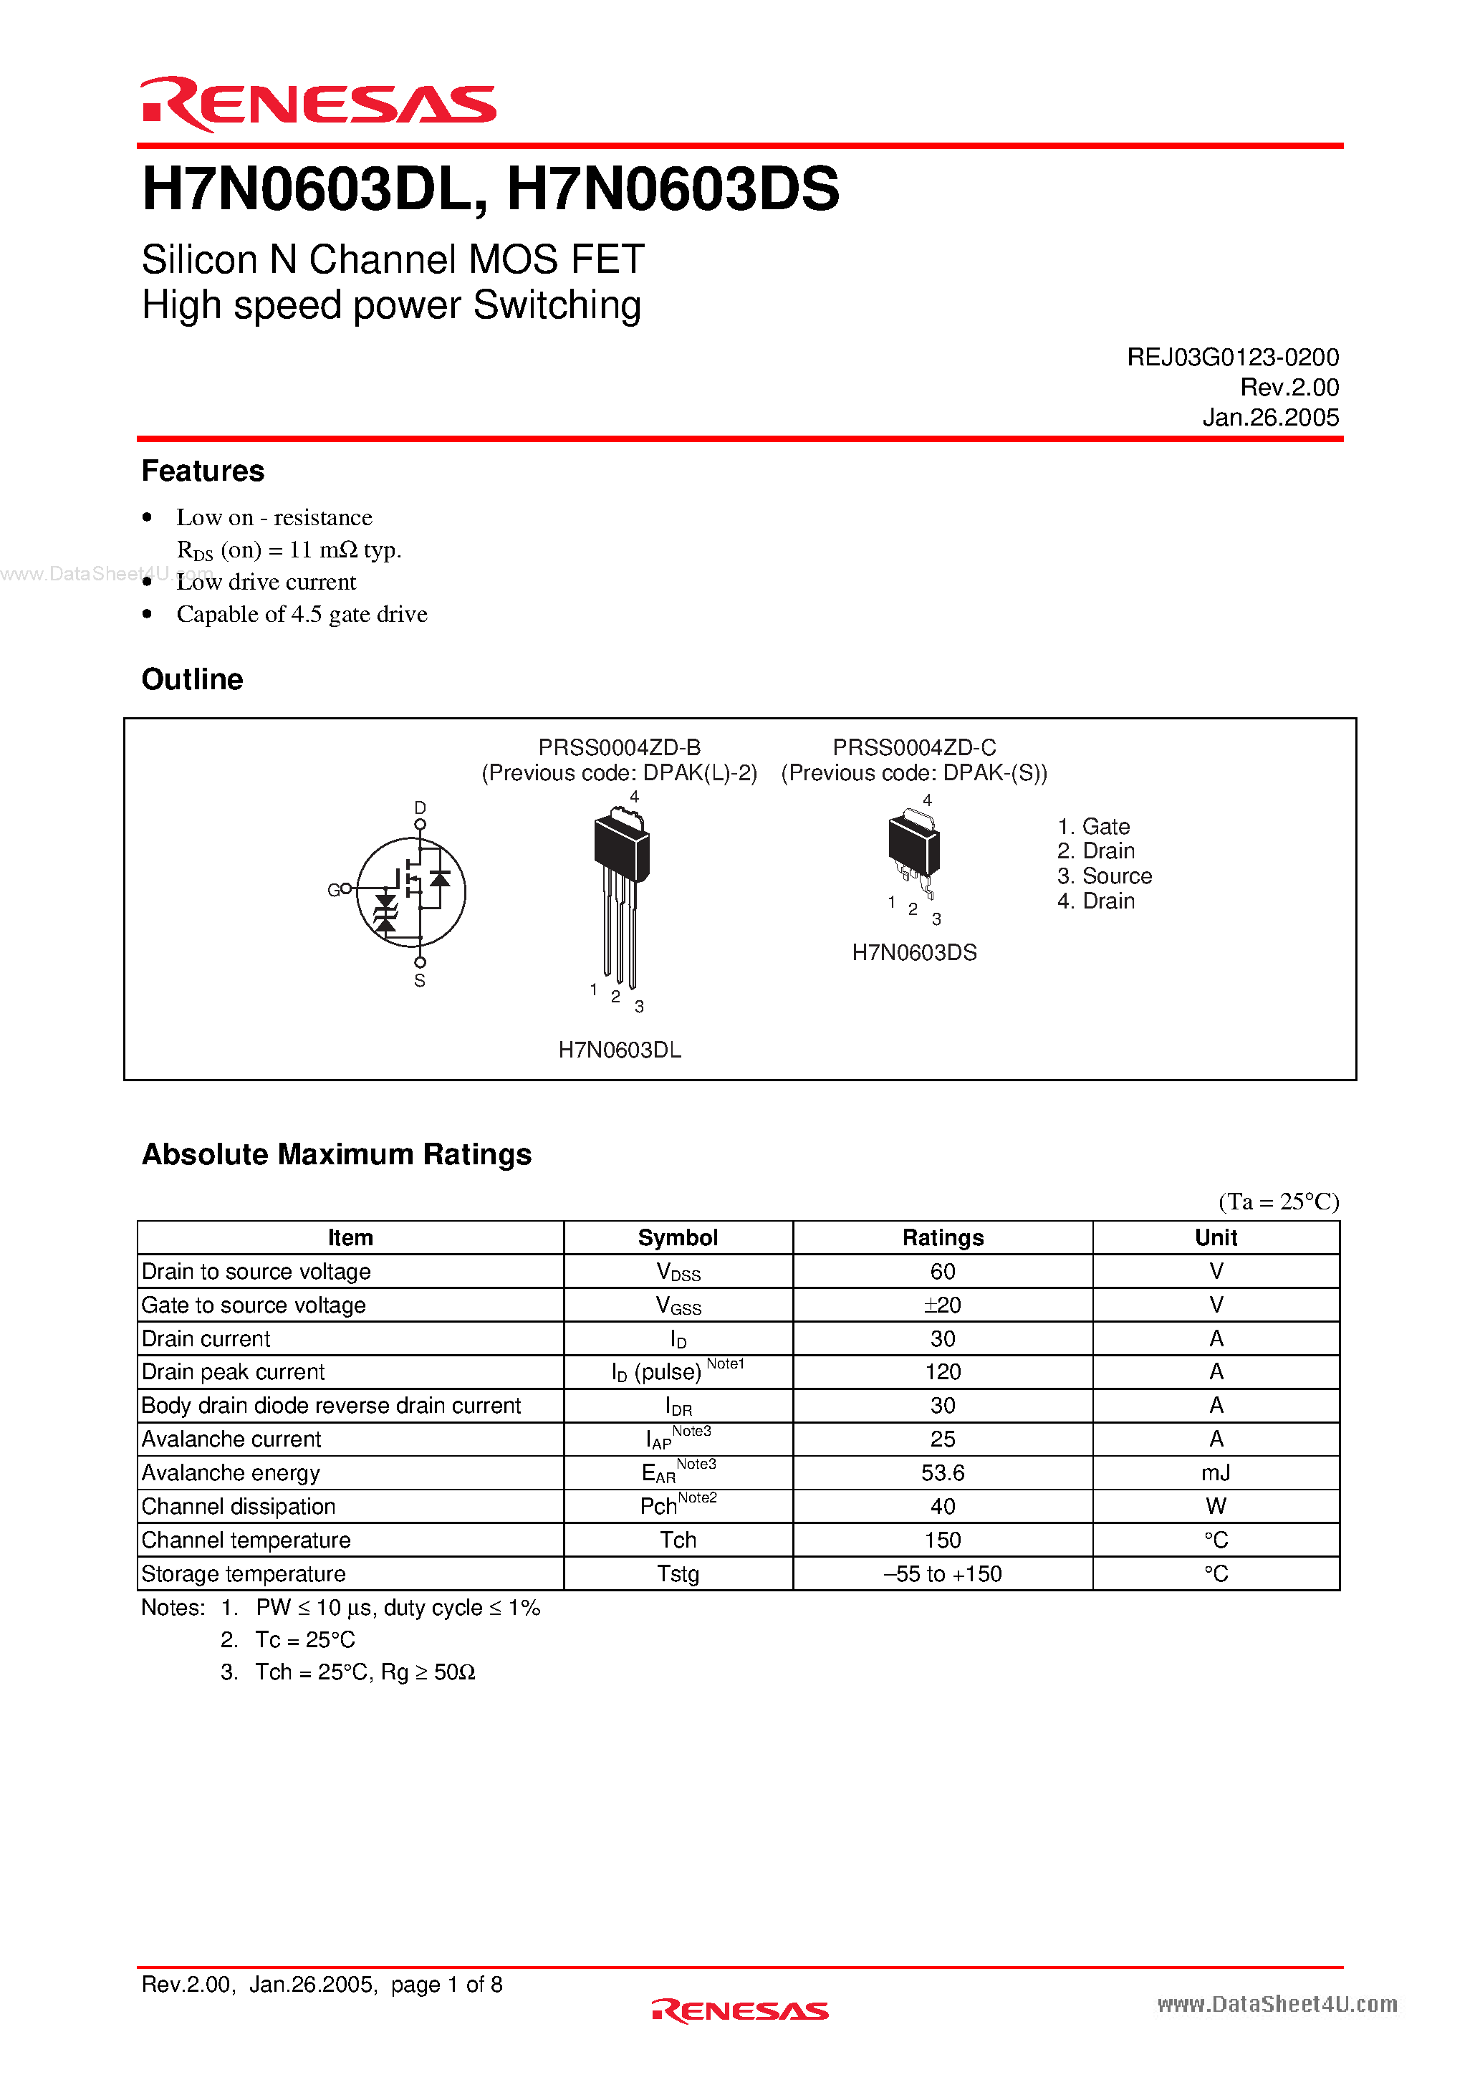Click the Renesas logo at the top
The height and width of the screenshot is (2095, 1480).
[317, 104]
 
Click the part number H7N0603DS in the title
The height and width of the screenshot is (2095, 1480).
[673, 189]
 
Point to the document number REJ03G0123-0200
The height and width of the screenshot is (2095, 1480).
[1232, 358]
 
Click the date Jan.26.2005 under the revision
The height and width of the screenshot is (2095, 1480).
[1269, 418]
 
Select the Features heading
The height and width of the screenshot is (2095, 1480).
[203, 471]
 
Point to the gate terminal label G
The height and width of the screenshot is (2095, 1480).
[333, 890]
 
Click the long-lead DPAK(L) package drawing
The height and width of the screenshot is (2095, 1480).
[620, 894]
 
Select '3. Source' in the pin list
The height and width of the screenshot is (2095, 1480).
[1104, 876]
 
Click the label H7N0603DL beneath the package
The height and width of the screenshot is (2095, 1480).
[620, 1050]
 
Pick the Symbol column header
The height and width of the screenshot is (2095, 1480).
[677, 1238]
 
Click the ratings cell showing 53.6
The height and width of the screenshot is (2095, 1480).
[943, 1472]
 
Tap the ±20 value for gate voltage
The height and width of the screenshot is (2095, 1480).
[943, 1305]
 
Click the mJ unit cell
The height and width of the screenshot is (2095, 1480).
[1216, 1472]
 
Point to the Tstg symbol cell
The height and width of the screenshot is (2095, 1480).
[677, 1574]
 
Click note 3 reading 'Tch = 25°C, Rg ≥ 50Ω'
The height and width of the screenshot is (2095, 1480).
[364, 1672]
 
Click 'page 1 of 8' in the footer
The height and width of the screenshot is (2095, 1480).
[446, 1985]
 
